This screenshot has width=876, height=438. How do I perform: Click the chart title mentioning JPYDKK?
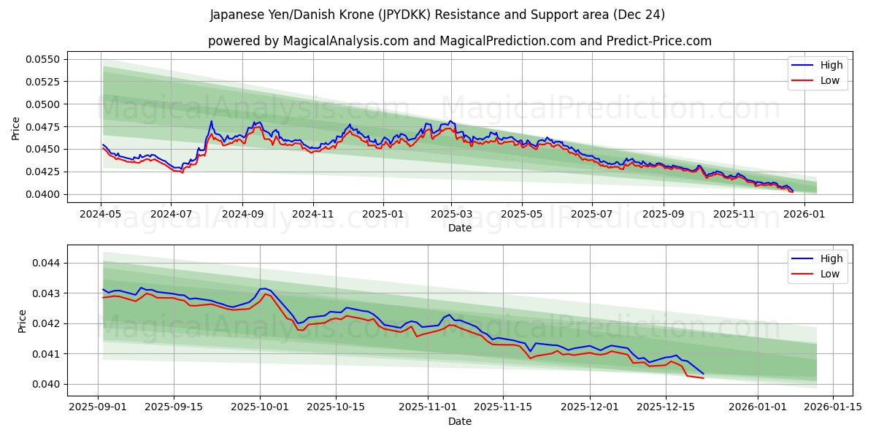437,15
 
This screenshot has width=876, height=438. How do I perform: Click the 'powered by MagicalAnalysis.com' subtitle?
459,41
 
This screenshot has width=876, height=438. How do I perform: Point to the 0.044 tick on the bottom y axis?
48,263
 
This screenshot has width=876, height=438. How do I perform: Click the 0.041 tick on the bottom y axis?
48,354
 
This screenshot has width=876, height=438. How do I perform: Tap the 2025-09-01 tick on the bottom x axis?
99,407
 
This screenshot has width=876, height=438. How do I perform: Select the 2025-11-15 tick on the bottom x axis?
502,407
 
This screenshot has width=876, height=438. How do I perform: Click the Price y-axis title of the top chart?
16,128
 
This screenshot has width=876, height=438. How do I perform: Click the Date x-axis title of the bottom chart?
459,421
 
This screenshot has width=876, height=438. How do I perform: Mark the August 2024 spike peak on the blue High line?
211,121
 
